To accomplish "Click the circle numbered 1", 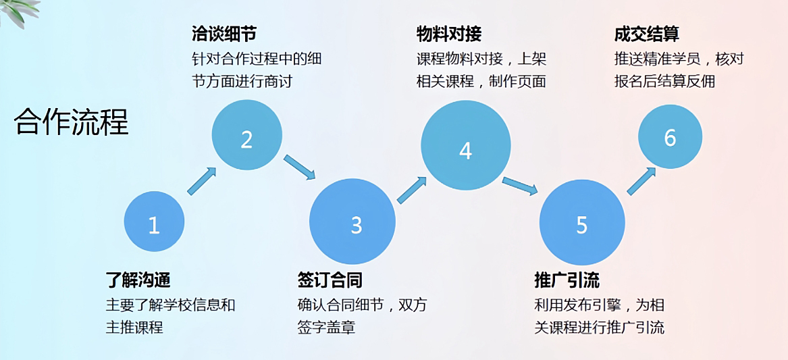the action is (x=154, y=222).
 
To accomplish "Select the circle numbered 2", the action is (x=246, y=136).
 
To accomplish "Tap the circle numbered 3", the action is (x=352, y=222).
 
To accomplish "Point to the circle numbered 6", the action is (x=671, y=136).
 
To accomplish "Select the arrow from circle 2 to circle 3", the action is (x=300, y=167).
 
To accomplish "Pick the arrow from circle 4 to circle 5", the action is (x=520, y=186).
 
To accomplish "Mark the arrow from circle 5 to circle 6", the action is (x=641, y=180).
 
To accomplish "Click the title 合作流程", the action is (x=72, y=122).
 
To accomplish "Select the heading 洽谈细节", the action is (x=224, y=34).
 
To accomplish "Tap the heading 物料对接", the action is (x=449, y=34).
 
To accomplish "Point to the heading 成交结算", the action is (x=646, y=34).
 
